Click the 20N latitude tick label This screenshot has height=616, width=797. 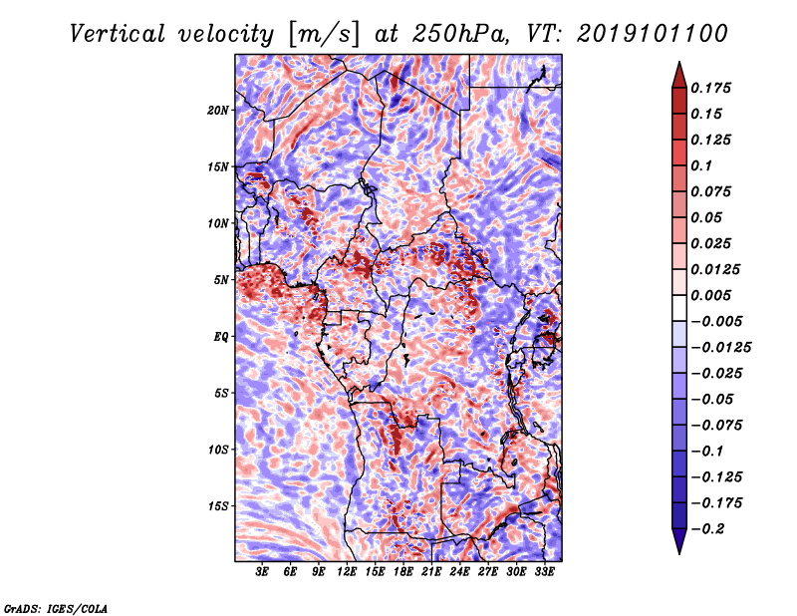[x=217, y=111]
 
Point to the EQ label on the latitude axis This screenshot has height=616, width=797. [x=220, y=337]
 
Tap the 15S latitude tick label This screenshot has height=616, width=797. [x=217, y=506]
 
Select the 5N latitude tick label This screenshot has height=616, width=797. [x=220, y=280]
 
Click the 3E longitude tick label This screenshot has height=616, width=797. [x=262, y=571]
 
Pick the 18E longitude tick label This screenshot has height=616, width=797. [x=403, y=571]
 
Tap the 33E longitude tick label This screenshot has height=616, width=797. [x=544, y=571]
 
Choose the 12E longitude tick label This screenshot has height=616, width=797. [x=347, y=571]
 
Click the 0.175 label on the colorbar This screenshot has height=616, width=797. [x=710, y=88]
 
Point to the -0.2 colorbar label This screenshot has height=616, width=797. [x=707, y=529]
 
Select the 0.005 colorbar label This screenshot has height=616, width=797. [x=710, y=295]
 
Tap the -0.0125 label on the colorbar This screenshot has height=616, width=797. [x=720, y=348]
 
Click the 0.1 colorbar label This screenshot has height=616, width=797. [x=701, y=165]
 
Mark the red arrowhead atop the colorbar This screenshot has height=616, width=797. [x=679, y=75]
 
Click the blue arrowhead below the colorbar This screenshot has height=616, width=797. [x=679, y=541]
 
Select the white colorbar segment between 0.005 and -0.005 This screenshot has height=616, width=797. [x=679, y=308]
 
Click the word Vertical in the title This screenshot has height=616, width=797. [x=118, y=34]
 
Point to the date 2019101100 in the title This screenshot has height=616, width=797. [x=653, y=34]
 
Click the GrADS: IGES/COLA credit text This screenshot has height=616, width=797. [x=56, y=608]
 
